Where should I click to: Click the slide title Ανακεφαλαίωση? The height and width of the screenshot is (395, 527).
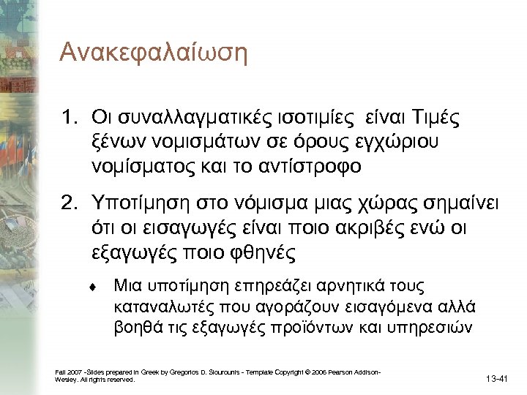coord(154,53)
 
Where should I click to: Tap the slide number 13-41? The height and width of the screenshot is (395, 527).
coord(497,378)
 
